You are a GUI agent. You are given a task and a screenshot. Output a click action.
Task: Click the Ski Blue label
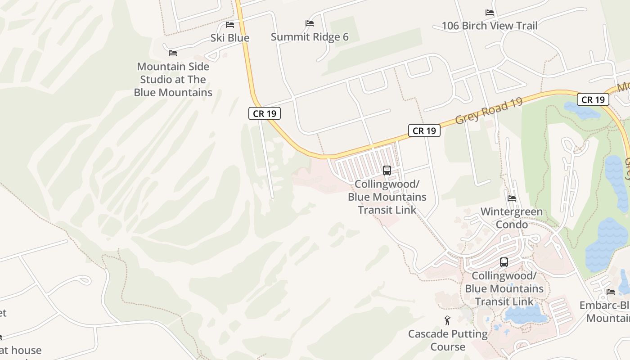[x=229, y=38]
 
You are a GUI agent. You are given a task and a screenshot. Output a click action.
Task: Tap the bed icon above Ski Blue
[x=230, y=24]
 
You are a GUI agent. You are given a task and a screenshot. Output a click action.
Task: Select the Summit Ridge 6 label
[x=310, y=37]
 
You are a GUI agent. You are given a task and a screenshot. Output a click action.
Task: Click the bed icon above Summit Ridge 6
[x=309, y=23]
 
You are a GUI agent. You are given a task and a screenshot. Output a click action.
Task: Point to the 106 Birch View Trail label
[x=489, y=26]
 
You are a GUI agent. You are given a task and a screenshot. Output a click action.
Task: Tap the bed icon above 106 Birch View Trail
[x=490, y=13]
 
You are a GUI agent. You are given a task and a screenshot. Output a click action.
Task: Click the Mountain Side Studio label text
[x=173, y=80]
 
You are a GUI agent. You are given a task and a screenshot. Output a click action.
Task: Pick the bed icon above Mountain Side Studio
[x=173, y=53]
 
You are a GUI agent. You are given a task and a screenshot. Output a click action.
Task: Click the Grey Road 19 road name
[x=489, y=111]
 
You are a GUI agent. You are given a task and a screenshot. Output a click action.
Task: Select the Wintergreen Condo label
[x=512, y=218]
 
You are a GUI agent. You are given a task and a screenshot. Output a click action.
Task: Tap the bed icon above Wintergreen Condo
[x=512, y=198]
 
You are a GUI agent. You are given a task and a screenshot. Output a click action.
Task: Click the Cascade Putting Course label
[x=448, y=340]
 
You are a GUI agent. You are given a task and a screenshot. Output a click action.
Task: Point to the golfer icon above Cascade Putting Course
[x=447, y=320]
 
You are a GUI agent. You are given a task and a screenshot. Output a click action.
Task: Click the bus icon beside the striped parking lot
[x=387, y=171]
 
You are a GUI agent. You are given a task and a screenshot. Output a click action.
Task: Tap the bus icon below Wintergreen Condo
[x=504, y=262]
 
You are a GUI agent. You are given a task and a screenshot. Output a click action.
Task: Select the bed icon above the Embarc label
[x=611, y=292]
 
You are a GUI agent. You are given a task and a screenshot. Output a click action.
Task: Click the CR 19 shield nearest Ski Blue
[x=265, y=113]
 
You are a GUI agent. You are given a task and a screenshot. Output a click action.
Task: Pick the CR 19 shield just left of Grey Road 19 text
[x=424, y=130]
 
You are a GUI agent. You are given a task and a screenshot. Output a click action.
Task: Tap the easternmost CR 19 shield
[x=593, y=99]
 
